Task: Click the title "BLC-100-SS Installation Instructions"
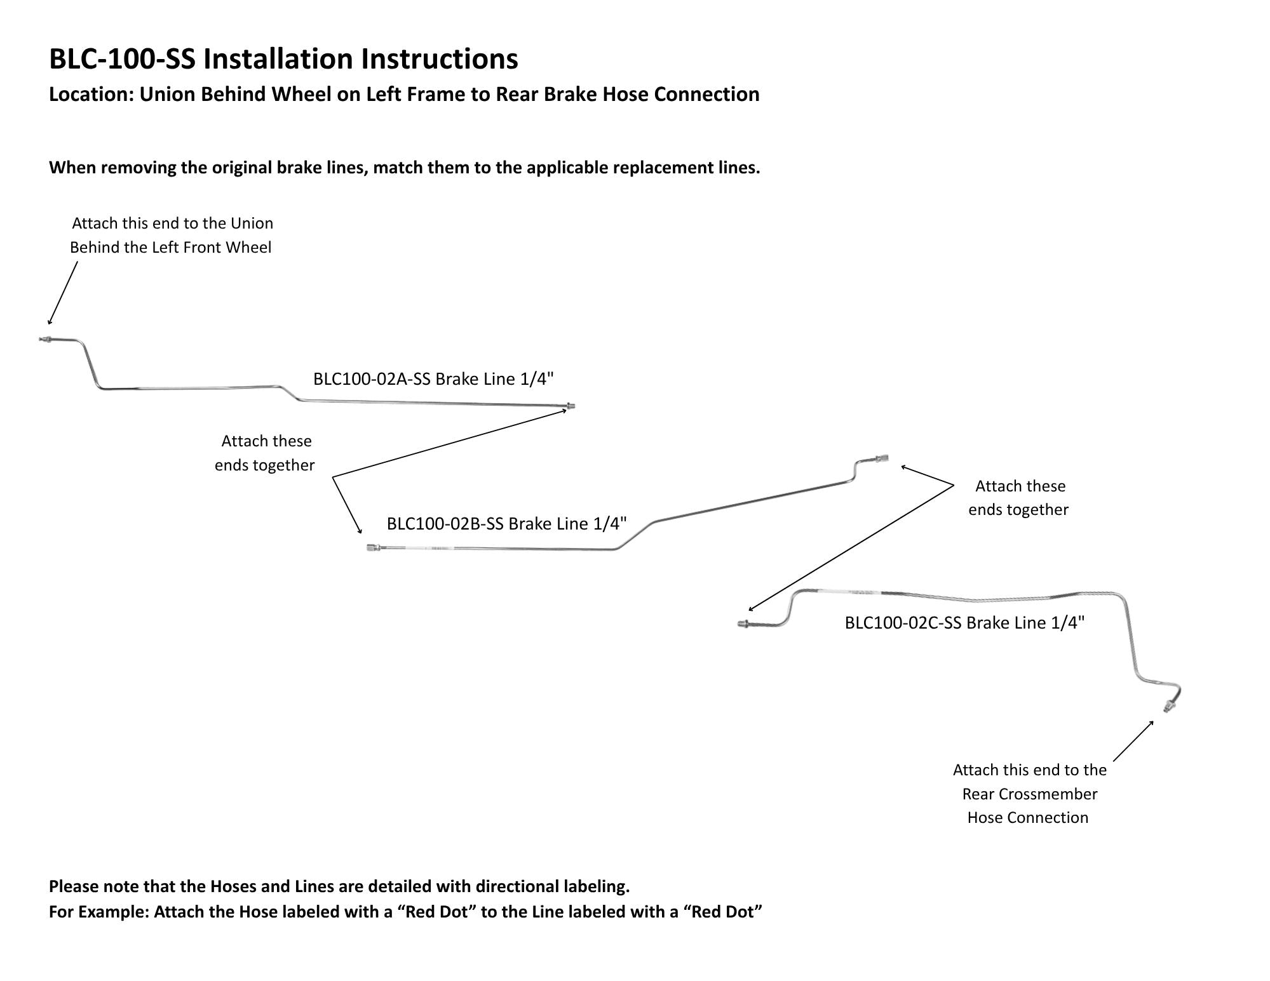[283, 59]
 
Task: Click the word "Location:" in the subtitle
[91, 94]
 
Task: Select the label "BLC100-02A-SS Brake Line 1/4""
[433, 379]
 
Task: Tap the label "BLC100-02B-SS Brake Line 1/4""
[507, 524]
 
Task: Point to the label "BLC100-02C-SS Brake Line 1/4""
[964, 623]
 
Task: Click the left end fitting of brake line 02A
[44, 340]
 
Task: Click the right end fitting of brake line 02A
[570, 406]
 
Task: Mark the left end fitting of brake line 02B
[373, 547]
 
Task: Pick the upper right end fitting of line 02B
[881, 458]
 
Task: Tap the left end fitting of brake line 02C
[744, 624]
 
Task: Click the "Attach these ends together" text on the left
[265, 453]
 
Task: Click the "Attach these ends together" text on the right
[1018, 498]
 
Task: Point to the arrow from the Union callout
[63, 293]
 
